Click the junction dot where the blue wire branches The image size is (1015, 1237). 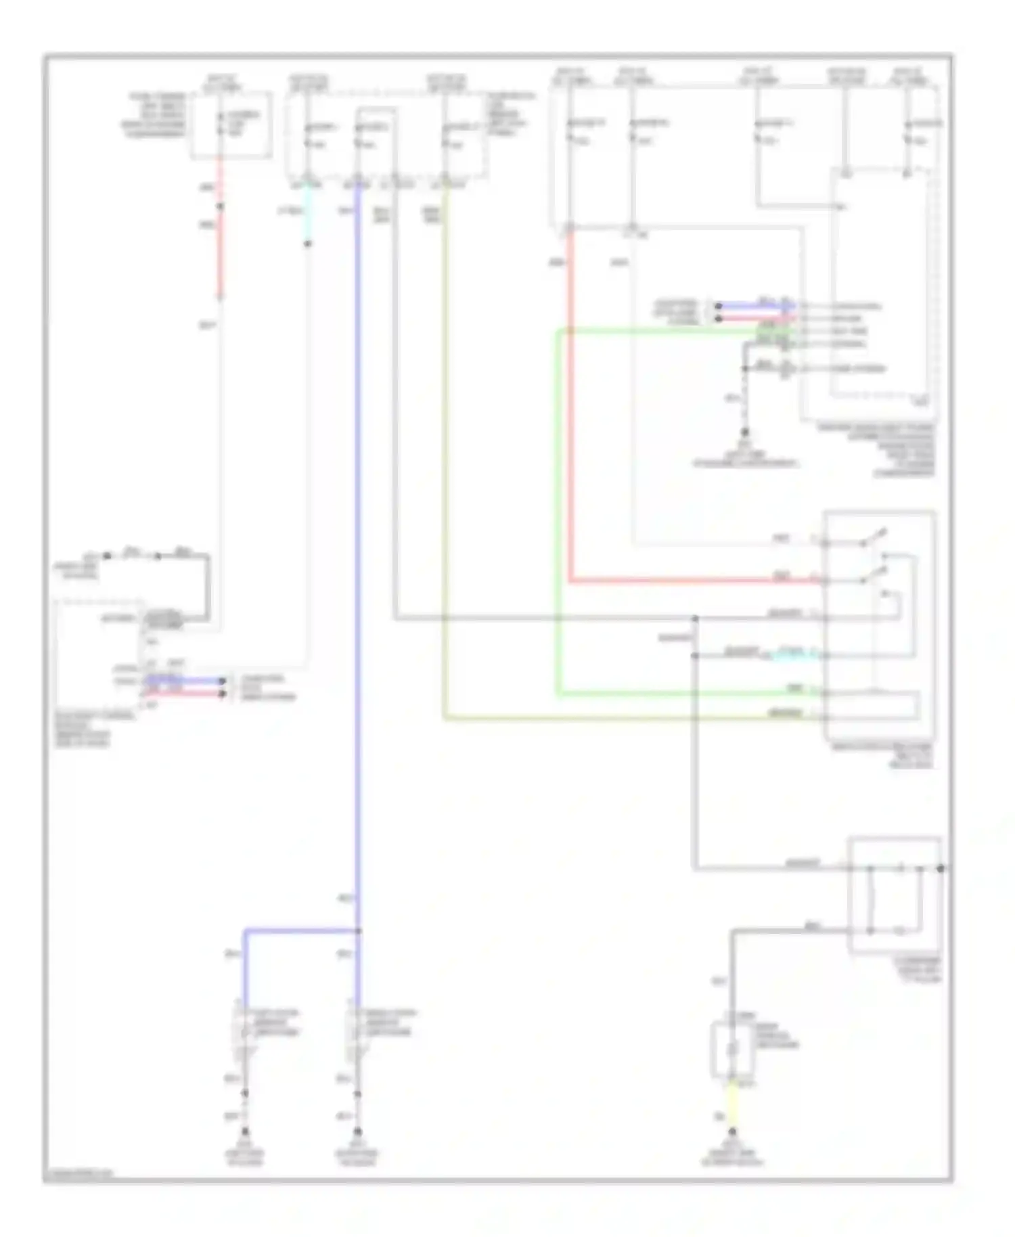point(358,931)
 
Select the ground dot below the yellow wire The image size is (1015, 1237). point(731,1131)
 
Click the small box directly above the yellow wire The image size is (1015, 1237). point(731,1050)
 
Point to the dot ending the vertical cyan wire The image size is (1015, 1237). point(308,244)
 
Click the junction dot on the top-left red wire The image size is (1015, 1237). point(219,206)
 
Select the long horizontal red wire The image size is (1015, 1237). point(690,581)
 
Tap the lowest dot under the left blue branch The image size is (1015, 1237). point(246,1131)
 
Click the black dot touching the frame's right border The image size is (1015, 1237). point(941,868)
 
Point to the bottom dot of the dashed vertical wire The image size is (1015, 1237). point(745,432)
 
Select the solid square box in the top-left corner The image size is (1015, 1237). point(231,126)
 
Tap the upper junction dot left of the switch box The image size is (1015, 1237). point(695,618)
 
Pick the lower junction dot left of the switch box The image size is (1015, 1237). point(695,656)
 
